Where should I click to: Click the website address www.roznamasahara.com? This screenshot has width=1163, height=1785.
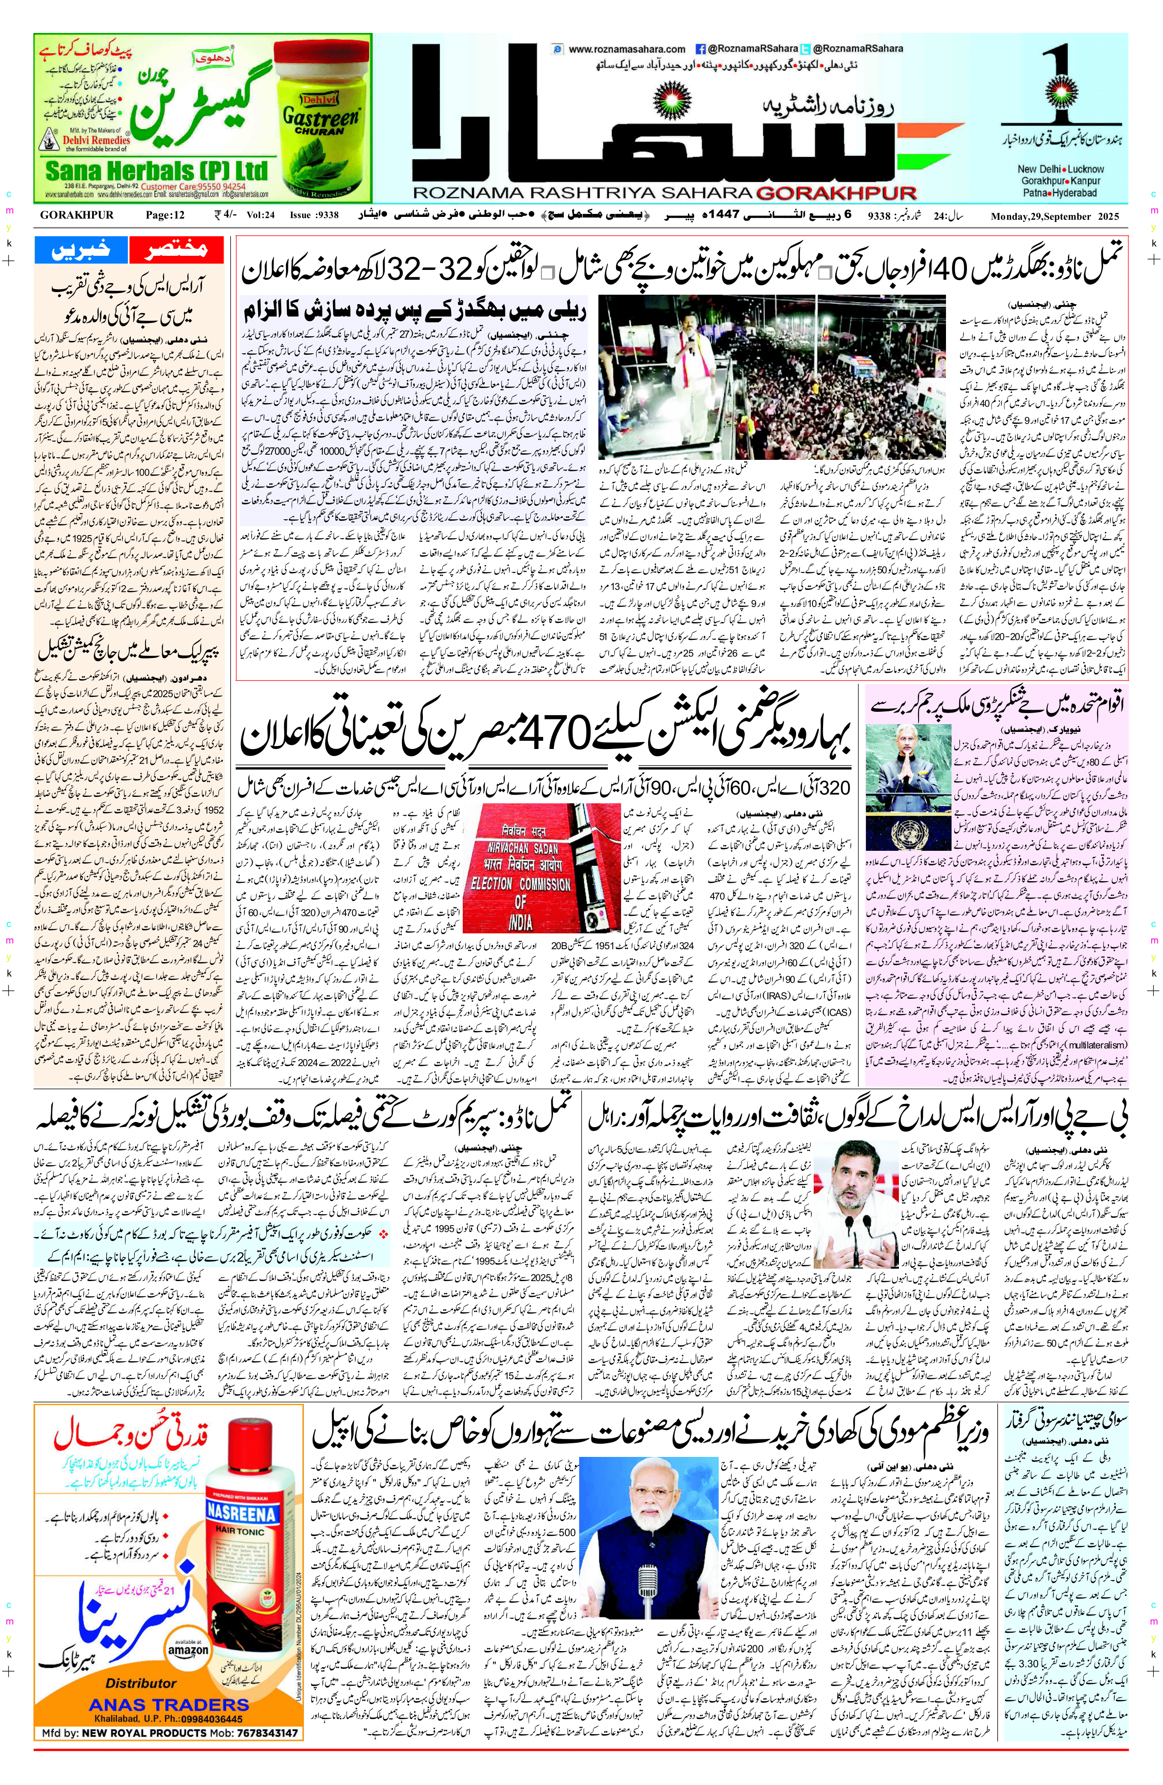tap(627, 49)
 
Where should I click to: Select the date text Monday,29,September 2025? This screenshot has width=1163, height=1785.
tap(1054, 217)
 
